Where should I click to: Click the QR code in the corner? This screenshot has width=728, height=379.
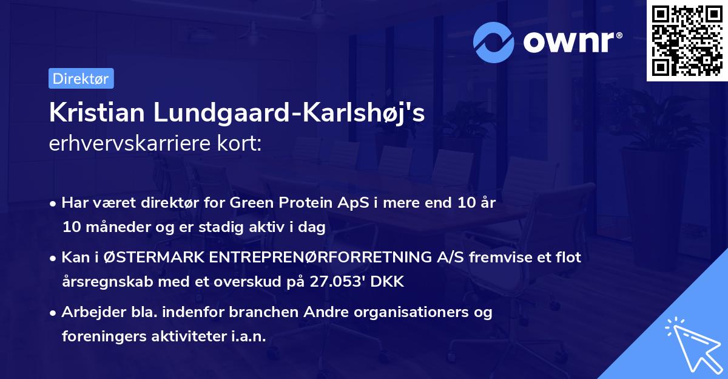[687, 41]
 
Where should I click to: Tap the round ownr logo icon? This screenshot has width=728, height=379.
[494, 42]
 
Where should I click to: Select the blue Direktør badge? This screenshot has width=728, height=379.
[81, 78]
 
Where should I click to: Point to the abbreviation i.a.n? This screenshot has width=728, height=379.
[248, 336]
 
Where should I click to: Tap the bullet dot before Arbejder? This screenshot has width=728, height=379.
[54, 313]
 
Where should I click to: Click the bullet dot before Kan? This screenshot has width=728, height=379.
[54, 258]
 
